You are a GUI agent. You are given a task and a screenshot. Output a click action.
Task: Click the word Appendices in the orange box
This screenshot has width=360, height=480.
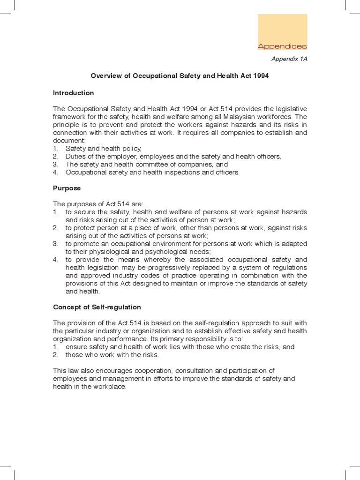[282, 46]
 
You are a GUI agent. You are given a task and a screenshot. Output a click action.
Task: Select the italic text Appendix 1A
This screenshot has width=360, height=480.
[290, 59]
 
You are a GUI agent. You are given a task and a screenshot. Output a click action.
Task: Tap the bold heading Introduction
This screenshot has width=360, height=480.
[74, 93]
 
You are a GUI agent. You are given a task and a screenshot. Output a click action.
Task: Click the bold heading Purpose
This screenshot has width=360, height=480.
[67, 188]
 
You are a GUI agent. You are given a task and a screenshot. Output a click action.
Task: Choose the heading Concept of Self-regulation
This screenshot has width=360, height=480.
[97, 307]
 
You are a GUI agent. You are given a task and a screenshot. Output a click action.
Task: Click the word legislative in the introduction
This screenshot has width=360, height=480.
[291, 109]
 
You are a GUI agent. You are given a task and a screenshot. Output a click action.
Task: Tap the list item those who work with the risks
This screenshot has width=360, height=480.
[112, 355]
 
